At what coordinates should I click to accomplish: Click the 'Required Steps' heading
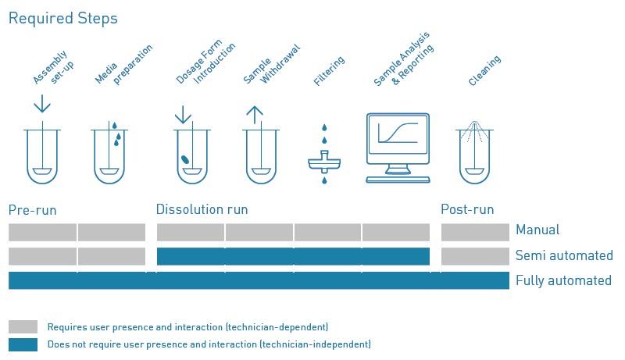pyautogui.click(x=63, y=19)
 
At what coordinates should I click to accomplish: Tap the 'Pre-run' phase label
pyautogui.click(x=32, y=210)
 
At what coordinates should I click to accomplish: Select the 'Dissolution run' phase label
pyautogui.click(x=202, y=209)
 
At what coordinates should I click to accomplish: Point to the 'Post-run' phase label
pyautogui.click(x=467, y=209)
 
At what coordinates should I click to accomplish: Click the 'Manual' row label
pyautogui.click(x=537, y=230)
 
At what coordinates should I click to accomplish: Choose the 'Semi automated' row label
pyautogui.click(x=564, y=255)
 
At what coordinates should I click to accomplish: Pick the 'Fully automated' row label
pyautogui.click(x=563, y=280)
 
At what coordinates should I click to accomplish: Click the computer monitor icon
pyautogui.click(x=398, y=148)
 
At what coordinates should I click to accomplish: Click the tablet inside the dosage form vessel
pyautogui.click(x=185, y=159)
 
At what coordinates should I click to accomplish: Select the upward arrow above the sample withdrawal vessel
pyautogui.click(x=255, y=115)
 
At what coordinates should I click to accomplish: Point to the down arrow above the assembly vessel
pyautogui.click(x=42, y=104)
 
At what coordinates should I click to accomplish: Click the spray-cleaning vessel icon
pyautogui.click(x=474, y=152)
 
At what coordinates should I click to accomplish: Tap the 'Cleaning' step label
pyautogui.click(x=484, y=71)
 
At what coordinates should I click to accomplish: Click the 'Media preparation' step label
pyautogui.click(x=123, y=64)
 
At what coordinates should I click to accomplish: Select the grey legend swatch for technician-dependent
pyautogui.click(x=23, y=326)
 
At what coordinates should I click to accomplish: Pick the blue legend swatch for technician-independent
pyautogui.click(x=23, y=344)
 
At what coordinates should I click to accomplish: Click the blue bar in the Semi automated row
pyautogui.click(x=293, y=256)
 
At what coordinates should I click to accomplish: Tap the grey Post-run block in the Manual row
pyautogui.click(x=475, y=232)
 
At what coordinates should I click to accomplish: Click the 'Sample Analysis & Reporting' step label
pyautogui.click(x=403, y=59)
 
